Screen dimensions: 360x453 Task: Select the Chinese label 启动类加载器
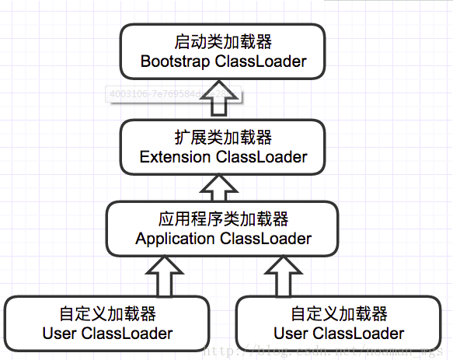(x=223, y=42)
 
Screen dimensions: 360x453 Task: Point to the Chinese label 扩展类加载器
(x=223, y=138)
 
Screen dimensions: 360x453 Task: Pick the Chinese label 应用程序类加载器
(x=223, y=219)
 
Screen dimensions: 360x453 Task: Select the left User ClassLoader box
(x=107, y=323)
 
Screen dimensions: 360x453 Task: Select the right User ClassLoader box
(x=339, y=323)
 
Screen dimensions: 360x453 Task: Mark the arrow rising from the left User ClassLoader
(x=166, y=277)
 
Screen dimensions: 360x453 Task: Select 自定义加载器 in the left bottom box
(x=107, y=314)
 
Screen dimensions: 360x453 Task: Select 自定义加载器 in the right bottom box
(x=339, y=314)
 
